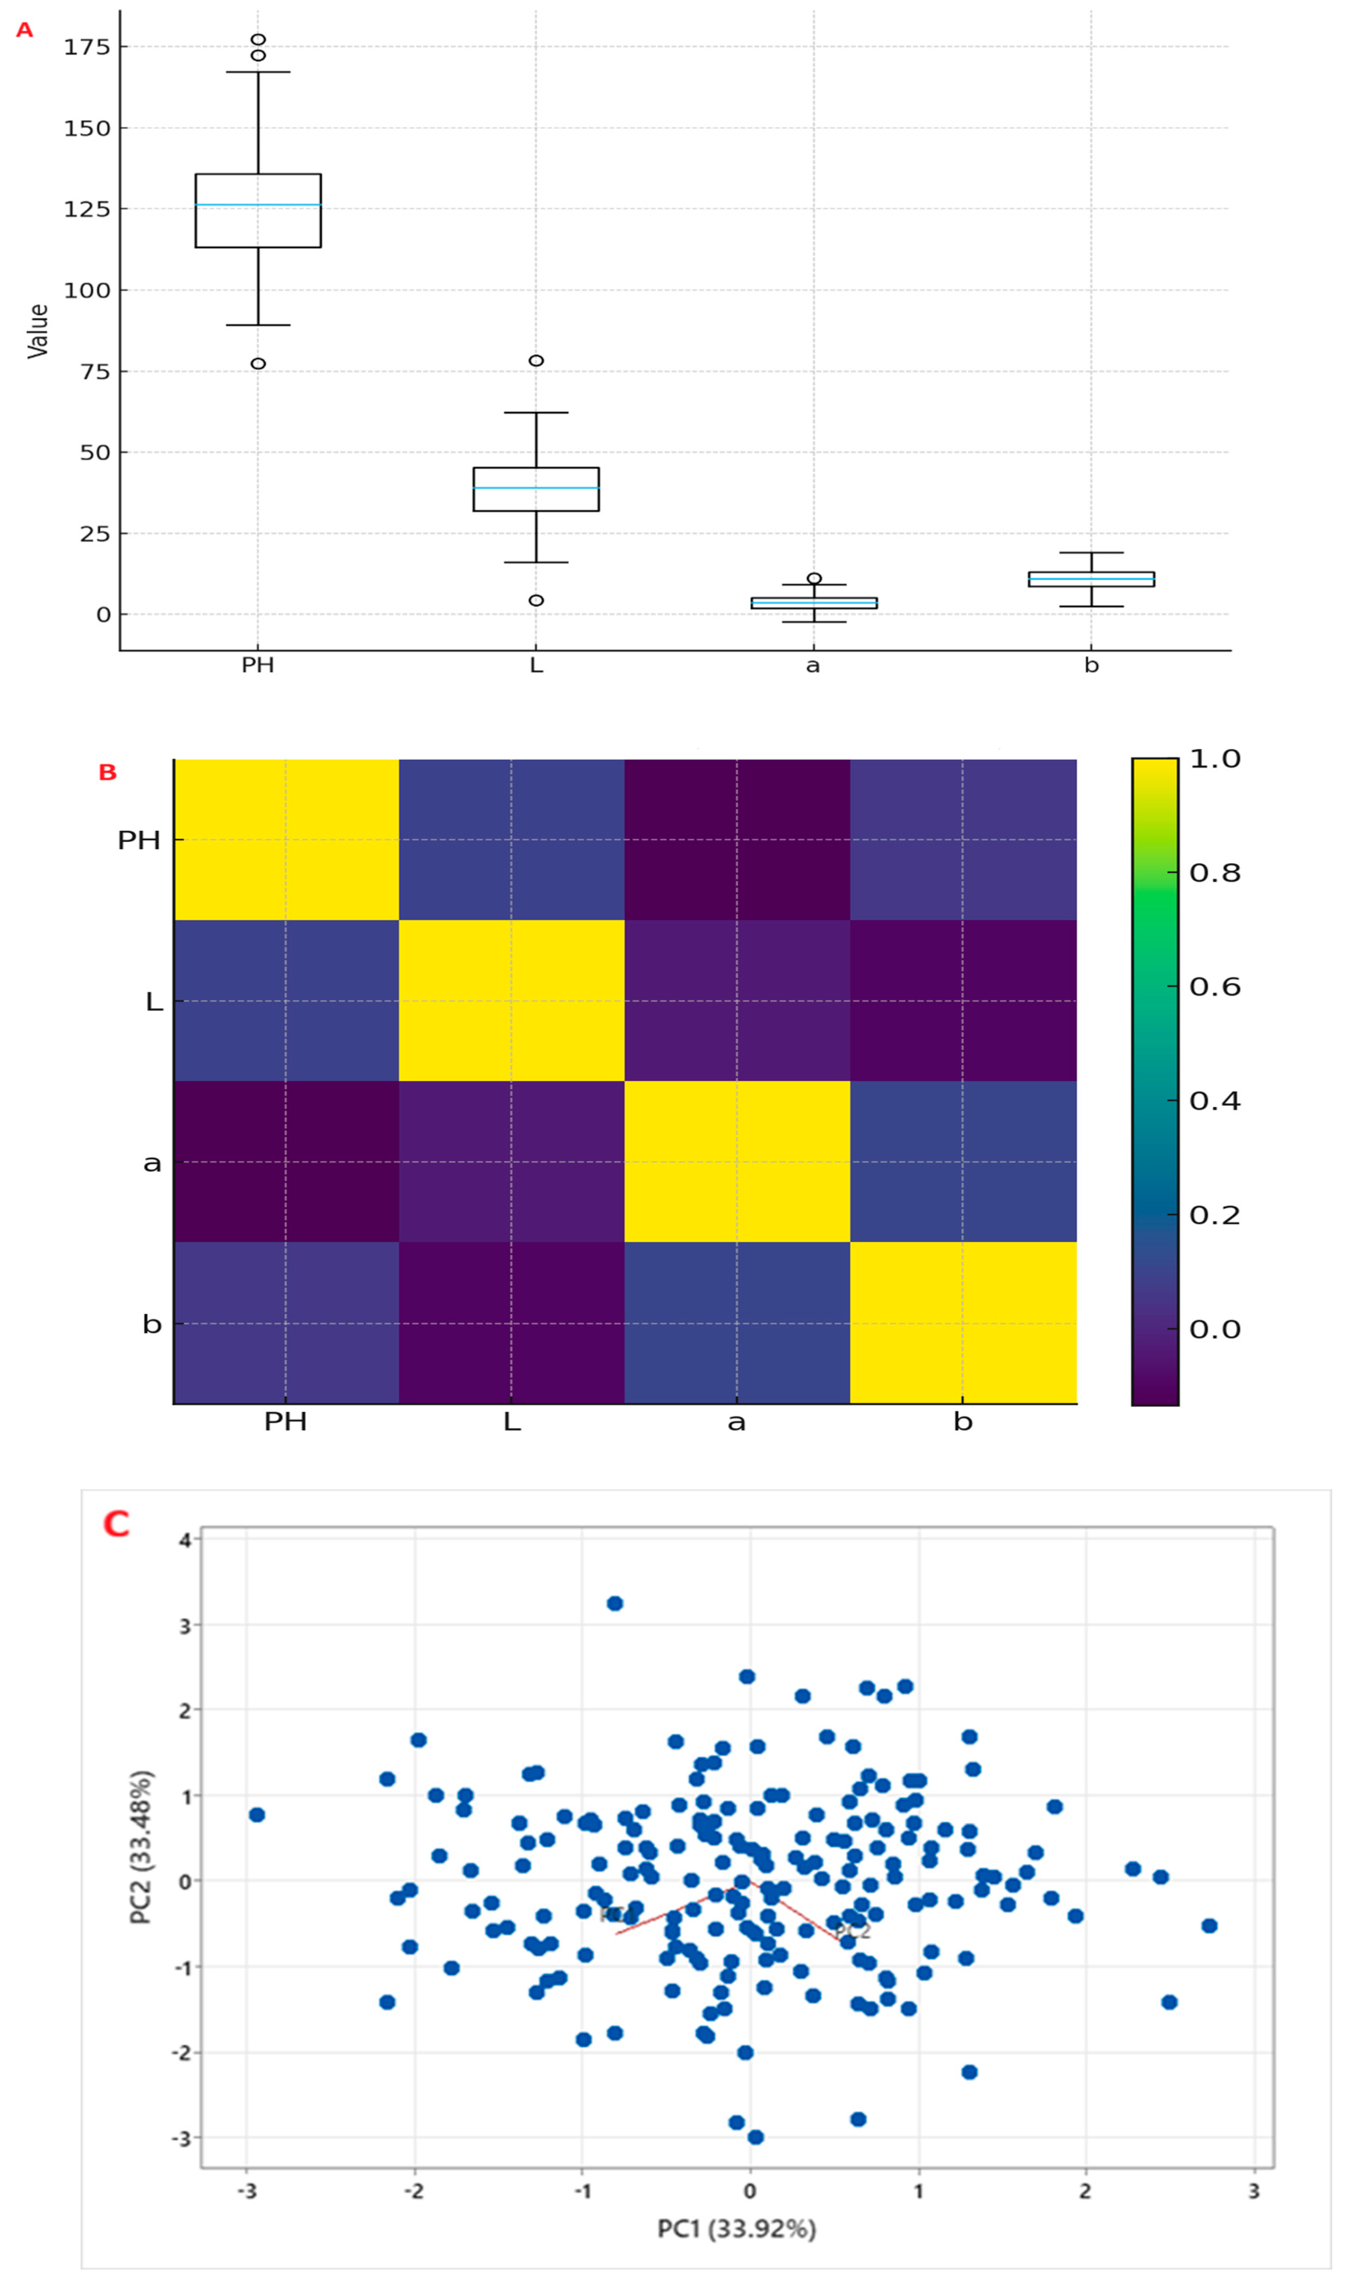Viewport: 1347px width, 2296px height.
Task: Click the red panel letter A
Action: tap(24, 30)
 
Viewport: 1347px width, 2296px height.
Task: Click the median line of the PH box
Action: tap(258, 205)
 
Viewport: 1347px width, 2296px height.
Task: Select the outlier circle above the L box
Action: tap(536, 361)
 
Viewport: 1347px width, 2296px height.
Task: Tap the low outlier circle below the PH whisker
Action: tap(258, 363)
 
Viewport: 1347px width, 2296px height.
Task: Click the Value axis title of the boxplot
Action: tap(38, 331)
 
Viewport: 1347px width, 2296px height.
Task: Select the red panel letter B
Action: tap(108, 772)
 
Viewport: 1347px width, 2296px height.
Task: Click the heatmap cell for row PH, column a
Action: tap(736, 839)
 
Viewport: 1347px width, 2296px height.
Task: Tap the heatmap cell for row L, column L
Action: tap(511, 1001)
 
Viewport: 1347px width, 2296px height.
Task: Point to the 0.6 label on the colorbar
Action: tap(1215, 987)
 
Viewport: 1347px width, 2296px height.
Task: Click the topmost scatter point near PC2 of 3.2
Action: tap(615, 1603)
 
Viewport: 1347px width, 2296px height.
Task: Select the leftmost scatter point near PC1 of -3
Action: tap(257, 1815)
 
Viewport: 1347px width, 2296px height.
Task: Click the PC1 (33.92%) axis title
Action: tap(736, 2229)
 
